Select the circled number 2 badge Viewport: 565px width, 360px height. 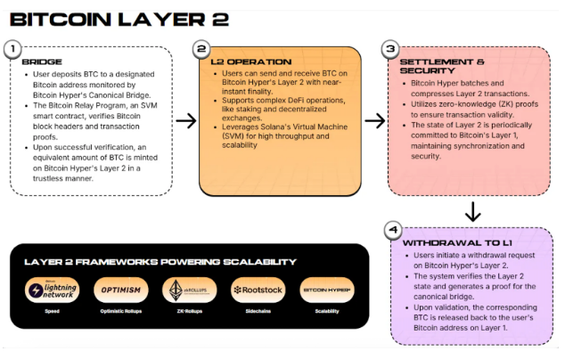tap(202, 48)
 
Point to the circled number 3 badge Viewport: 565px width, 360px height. tap(389, 48)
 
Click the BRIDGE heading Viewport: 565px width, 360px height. tap(42, 62)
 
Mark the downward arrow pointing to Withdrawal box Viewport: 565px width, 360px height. tap(472, 212)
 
